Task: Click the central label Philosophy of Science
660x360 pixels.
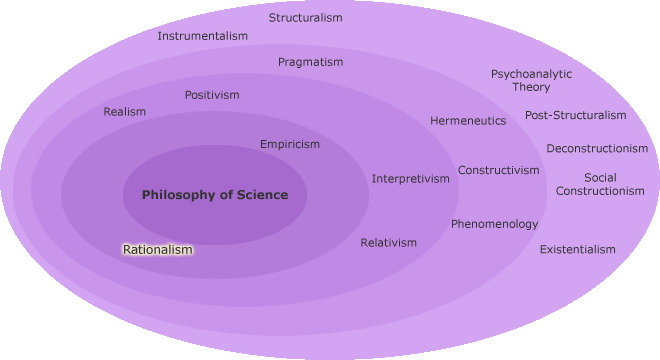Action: point(215,195)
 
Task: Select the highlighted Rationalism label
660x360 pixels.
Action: point(158,249)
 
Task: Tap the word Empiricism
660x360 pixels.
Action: point(290,144)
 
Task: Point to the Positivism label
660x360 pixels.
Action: point(212,95)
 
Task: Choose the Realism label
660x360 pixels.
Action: point(125,112)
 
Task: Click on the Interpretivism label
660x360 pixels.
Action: point(411,179)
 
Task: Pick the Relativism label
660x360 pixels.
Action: point(389,243)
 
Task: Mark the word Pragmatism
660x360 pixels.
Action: point(310,62)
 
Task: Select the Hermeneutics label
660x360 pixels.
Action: point(468,121)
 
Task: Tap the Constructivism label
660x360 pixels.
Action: point(499,170)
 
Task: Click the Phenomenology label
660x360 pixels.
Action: point(494,224)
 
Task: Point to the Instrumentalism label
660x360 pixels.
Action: point(203,36)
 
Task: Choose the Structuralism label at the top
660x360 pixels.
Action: point(306,18)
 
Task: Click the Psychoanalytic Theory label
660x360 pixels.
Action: point(532,80)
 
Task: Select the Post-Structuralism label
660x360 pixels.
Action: point(576,115)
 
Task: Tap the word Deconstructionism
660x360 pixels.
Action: point(597,149)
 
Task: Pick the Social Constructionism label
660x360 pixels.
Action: point(600,184)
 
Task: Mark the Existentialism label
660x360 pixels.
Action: point(578,249)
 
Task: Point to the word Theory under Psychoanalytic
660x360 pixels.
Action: point(532,87)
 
